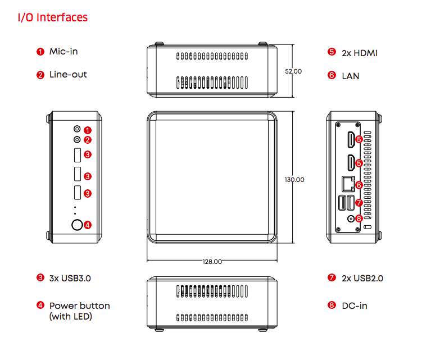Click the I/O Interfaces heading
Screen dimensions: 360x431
(x=53, y=17)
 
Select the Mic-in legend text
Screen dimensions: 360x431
(x=63, y=52)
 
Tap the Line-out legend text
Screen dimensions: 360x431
(x=68, y=74)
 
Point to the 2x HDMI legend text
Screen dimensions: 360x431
(x=360, y=53)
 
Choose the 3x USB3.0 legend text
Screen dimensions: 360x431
(x=70, y=277)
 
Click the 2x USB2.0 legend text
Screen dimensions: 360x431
(x=362, y=277)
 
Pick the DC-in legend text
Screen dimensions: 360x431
(x=355, y=306)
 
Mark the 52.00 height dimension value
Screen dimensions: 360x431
(x=293, y=71)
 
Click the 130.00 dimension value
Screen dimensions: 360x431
(x=294, y=180)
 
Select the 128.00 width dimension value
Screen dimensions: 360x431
(x=212, y=262)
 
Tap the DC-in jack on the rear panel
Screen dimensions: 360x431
(x=352, y=218)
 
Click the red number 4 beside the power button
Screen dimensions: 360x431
(x=88, y=225)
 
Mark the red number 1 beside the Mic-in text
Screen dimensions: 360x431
(x=40, y=52)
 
